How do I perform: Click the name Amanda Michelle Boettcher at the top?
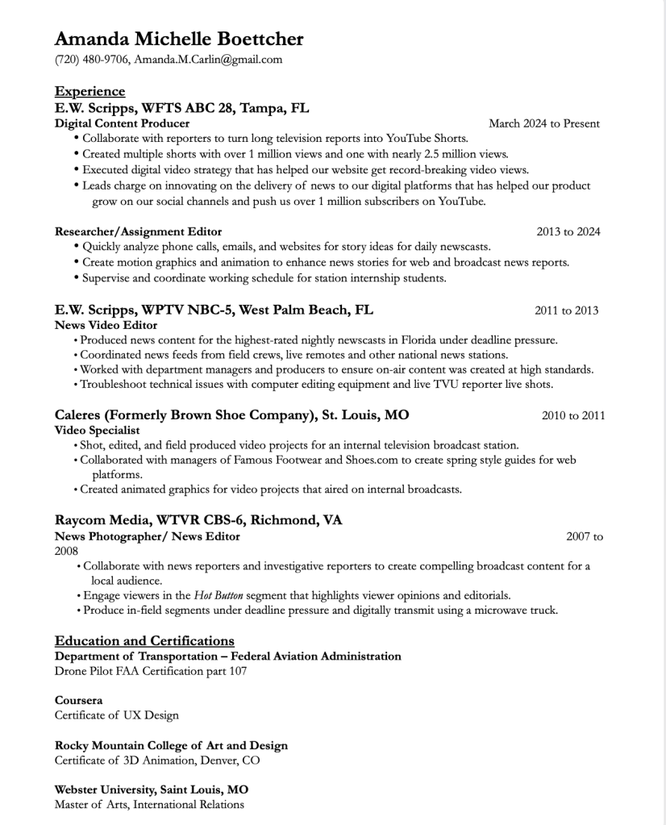click(179, 39)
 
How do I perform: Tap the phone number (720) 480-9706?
click(91, 60)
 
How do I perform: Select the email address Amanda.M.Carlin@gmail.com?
click(208, 60)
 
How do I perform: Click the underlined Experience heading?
click(89, 91)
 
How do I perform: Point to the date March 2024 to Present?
click(543, 123)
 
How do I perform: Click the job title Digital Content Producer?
click(122, 123)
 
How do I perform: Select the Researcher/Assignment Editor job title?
click(138, 231)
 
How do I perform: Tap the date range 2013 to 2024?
click(568, 231)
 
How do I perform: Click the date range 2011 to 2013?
click(566, 310)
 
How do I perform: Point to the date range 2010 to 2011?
click(572, 416)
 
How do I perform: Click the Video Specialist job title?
click(97, 431)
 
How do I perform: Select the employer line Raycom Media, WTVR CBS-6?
click(198, 520)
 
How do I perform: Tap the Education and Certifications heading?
click(144, 641)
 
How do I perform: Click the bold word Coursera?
click(78, 701)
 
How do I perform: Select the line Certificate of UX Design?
click(116, 715)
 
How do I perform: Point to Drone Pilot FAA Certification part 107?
click(151, 671)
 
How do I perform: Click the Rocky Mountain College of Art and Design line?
click(171, 745)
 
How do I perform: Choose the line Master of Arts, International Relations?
click(149, 804)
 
